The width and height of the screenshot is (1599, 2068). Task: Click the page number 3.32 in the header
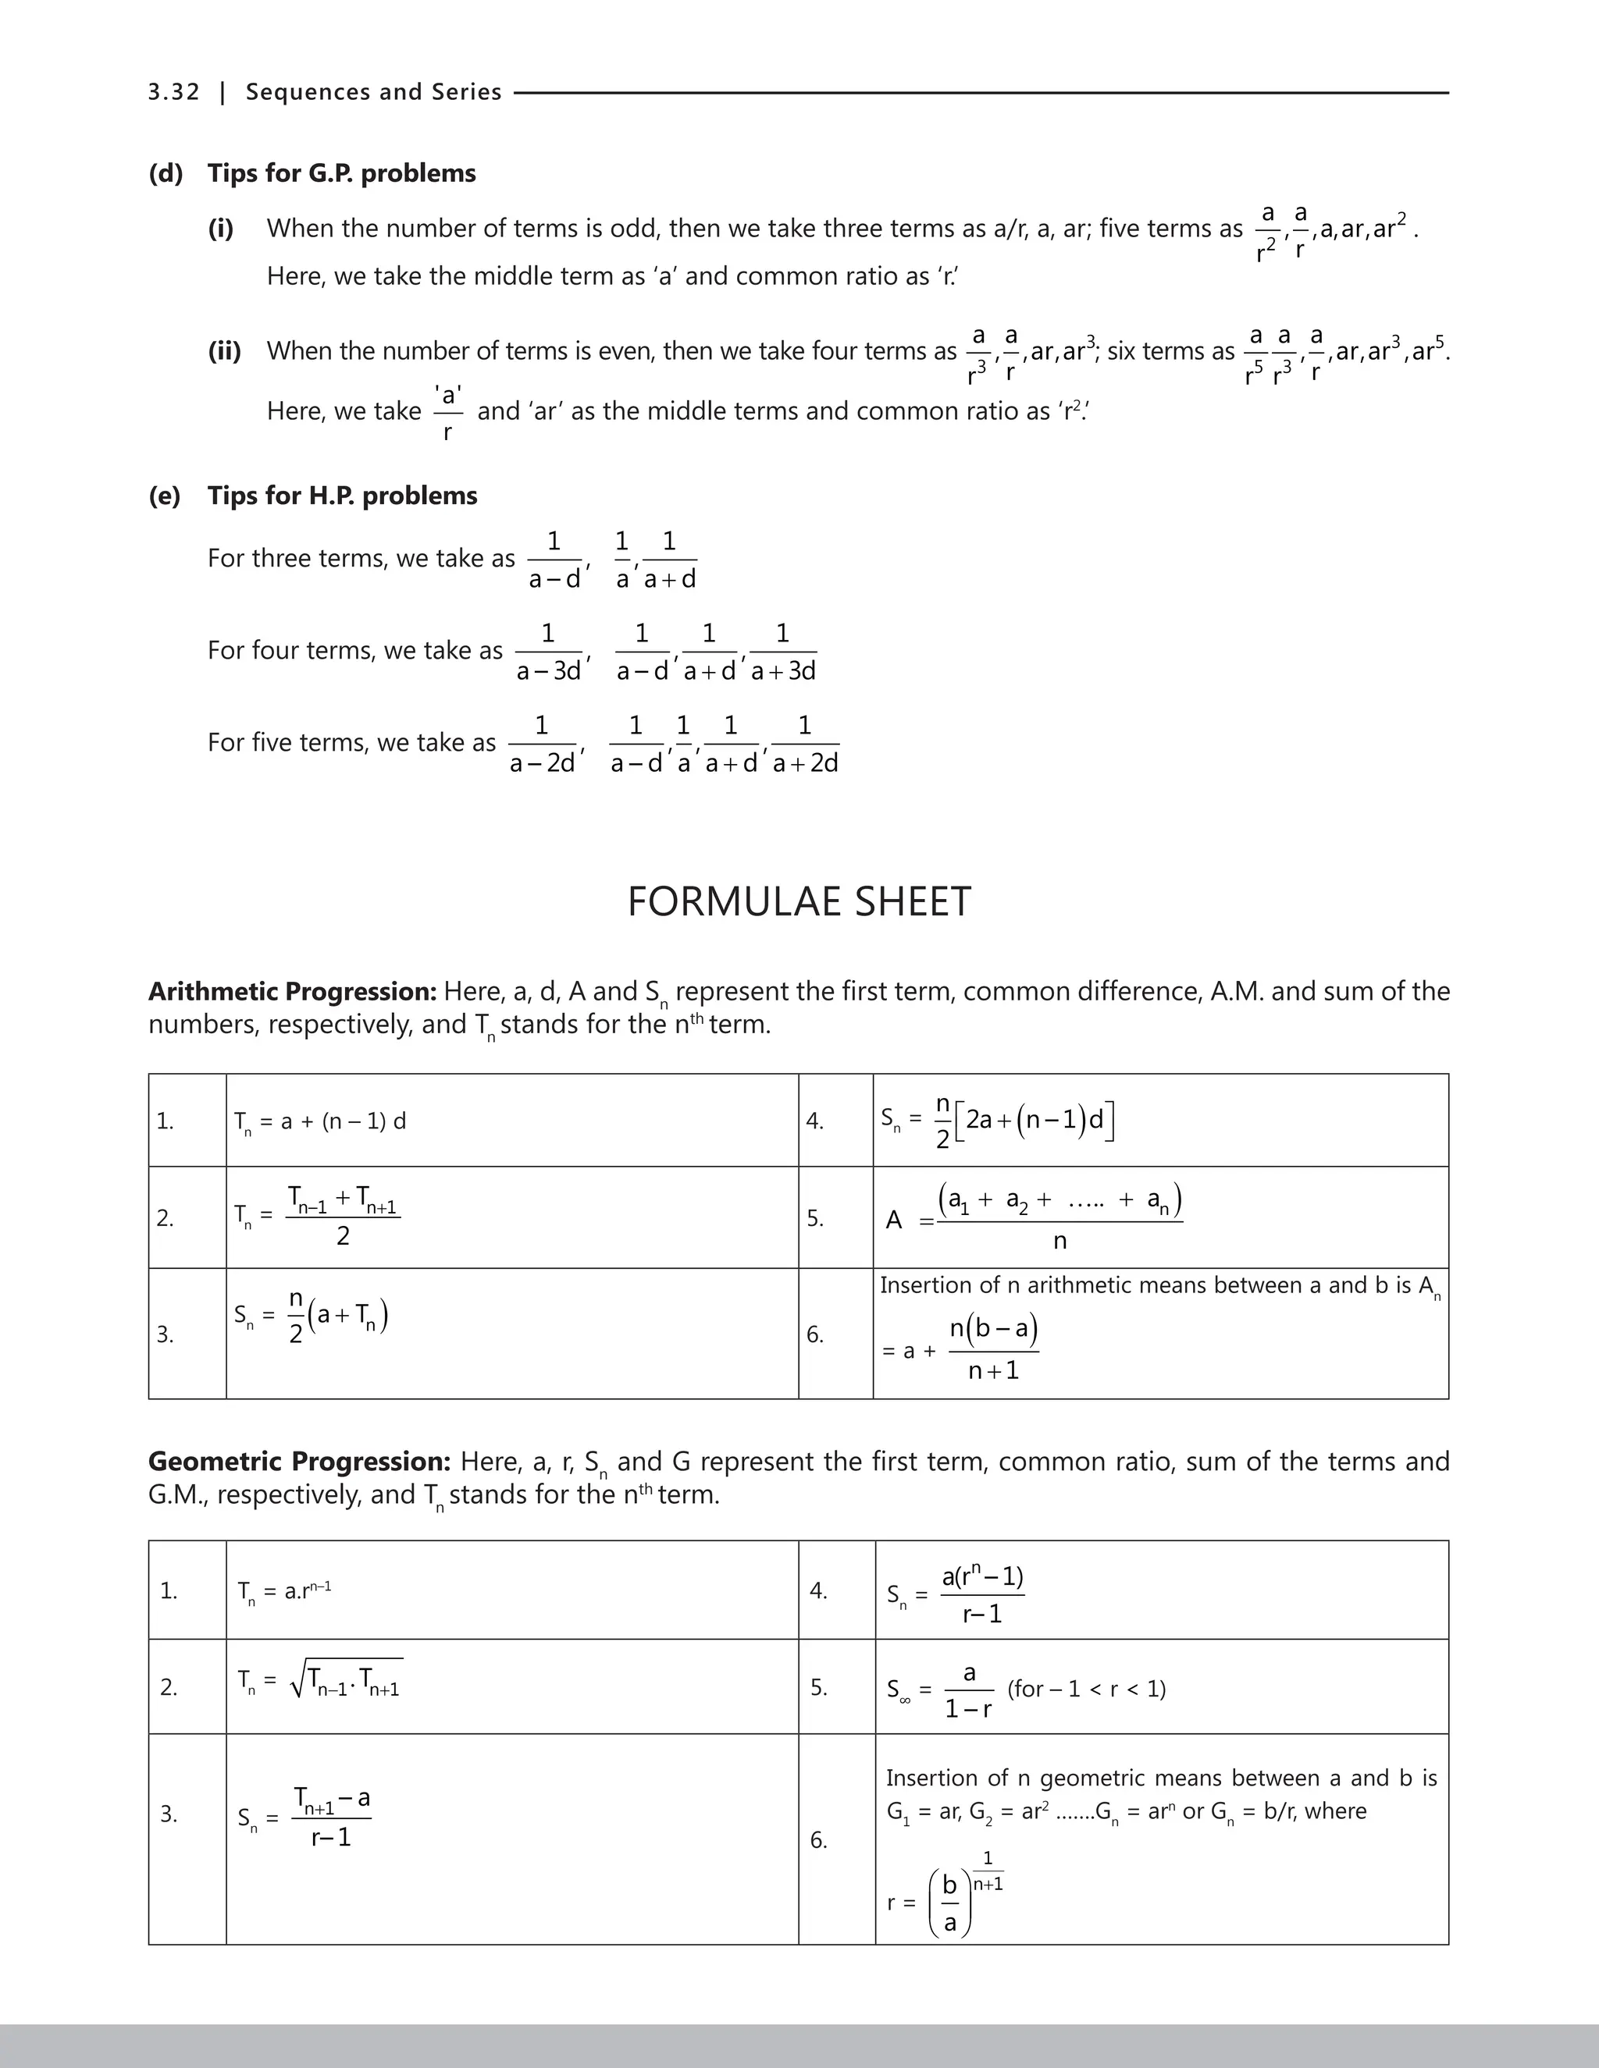tap(173, 92)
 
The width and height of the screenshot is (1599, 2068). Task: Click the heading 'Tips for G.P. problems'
tap(341, 173)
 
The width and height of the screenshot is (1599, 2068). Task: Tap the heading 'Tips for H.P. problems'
tap(342, 496)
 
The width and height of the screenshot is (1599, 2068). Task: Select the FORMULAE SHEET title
tap(799, 901)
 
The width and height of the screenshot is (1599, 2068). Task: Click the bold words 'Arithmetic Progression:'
tap(292, 991)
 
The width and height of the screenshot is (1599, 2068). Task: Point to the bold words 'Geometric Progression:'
tap(299, 1462)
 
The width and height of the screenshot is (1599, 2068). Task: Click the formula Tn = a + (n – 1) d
tap(319, 1122)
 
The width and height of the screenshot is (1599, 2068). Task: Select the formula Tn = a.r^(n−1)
tap(284, 1590)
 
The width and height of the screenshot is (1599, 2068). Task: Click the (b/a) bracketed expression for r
tap(951, 1903)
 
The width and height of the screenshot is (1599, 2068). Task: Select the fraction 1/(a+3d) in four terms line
tap(782, 652)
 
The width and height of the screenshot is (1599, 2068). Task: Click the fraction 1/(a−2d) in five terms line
tap(542, 744)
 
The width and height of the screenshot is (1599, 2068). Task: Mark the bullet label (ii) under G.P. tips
tap(225, 351)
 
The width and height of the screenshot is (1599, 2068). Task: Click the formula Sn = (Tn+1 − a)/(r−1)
tap(304, 1817)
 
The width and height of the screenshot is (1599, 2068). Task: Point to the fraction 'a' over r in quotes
tap(448, 412)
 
